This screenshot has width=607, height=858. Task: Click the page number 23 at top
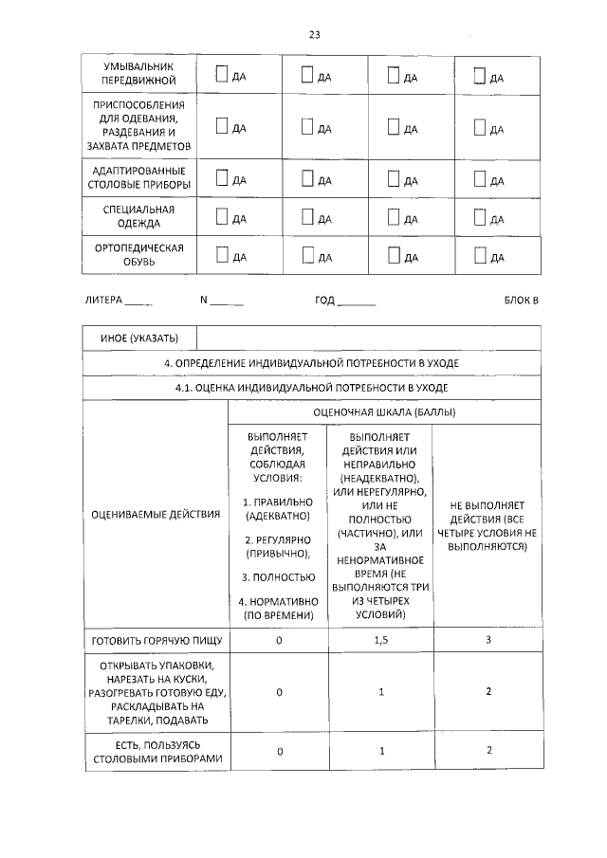tap(315, 35)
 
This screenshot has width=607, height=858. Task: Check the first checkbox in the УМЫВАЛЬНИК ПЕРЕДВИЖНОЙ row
tap(222, 75)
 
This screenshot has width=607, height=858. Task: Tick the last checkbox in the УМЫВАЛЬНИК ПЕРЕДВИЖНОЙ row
tap(480, 75)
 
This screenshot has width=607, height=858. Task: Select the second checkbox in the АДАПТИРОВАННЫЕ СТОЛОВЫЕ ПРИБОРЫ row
tap(307, 177)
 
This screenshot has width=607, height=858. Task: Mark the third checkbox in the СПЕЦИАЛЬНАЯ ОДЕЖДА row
tap(394, 217)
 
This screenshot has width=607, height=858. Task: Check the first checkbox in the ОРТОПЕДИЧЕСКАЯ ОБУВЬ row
tap(222, 254)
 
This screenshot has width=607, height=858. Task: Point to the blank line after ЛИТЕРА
tap(138, 302)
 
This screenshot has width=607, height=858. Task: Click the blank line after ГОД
tap(357, 302)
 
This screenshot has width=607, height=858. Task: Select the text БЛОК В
tap(521, 301)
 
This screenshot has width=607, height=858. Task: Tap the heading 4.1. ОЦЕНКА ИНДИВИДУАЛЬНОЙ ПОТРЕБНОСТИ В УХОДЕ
tap(312, 388)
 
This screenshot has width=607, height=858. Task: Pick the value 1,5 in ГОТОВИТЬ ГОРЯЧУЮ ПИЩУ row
tap(380, 641)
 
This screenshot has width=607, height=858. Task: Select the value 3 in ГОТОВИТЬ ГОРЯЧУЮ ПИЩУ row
tap(488, 641)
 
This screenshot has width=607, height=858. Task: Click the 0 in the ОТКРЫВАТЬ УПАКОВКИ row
tap(280, 692)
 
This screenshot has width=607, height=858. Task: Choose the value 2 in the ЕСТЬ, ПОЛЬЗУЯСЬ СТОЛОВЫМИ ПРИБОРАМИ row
tap(488, 751)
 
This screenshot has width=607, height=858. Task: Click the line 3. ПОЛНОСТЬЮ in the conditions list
tap(278, 576)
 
